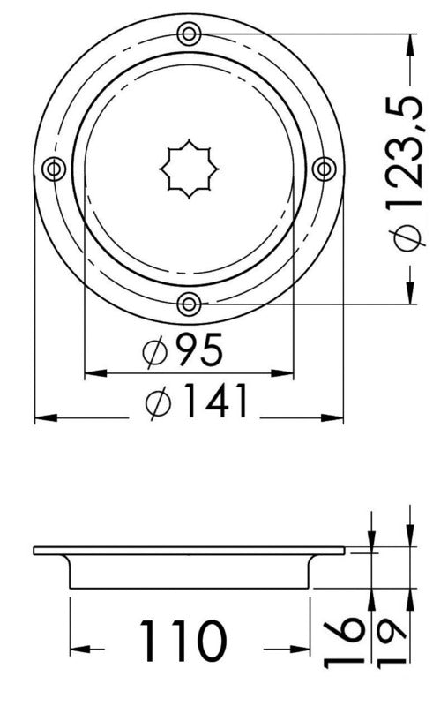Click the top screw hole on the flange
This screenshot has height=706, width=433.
coord(188,34)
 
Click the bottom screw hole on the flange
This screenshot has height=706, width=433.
coord(188,304)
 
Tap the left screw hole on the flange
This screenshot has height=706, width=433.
coord(53,169)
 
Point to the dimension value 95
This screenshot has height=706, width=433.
coord(198,352)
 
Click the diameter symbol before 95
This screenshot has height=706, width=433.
coord(155,354)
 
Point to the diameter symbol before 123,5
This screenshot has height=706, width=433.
coord(407,238)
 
